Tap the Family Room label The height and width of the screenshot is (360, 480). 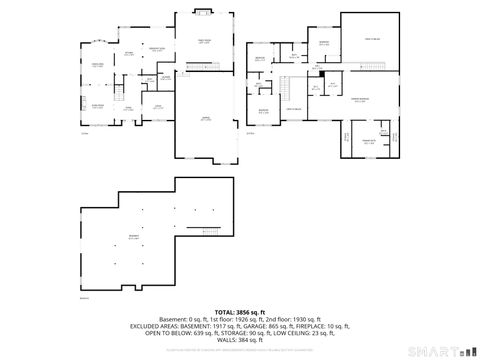click(203, 42)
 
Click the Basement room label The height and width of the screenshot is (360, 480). click(133, 238)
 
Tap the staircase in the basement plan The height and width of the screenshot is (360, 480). click(211, 231)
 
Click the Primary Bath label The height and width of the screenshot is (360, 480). click(368, 140)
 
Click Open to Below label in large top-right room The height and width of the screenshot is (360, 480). click(371, 38)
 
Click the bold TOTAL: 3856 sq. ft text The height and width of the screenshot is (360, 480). click(240, 312)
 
